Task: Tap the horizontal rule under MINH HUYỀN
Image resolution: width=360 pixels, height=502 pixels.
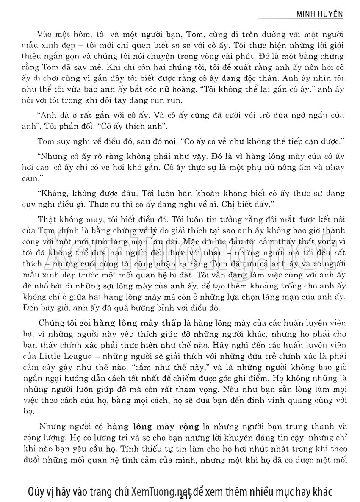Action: (300, 19)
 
